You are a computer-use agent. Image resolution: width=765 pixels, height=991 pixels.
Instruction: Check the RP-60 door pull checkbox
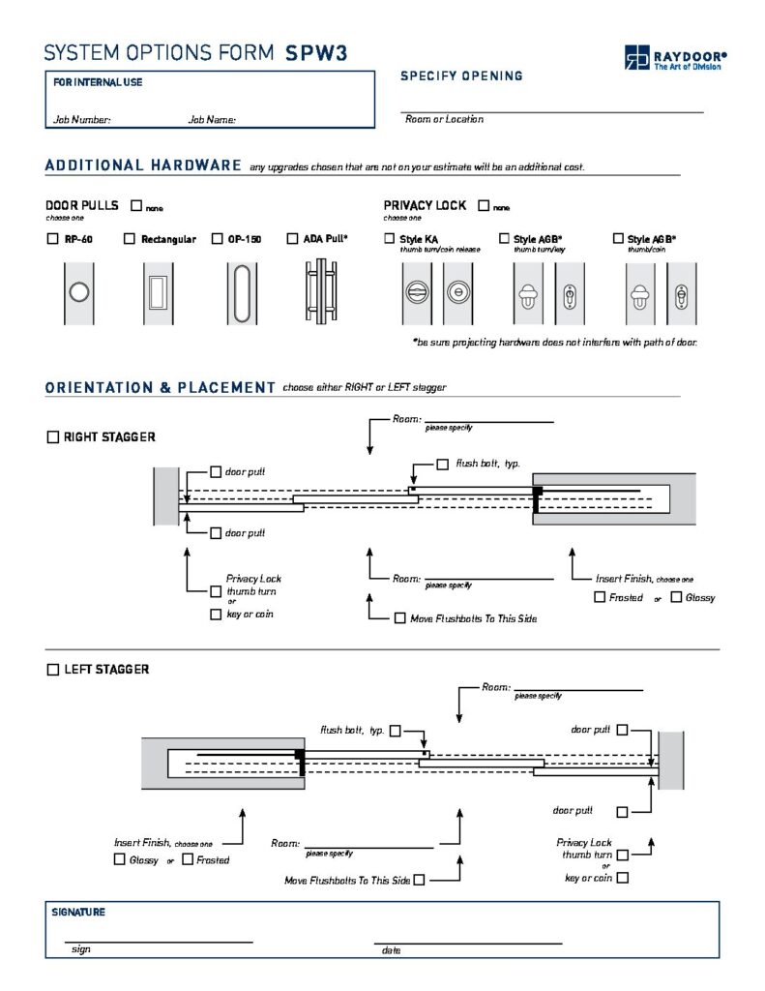pyautogui.click(x=52, y=239)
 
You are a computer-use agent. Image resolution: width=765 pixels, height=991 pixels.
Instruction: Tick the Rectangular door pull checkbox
pyautogui.click(x=130, y=239)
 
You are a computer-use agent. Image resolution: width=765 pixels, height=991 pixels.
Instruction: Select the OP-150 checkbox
pyautogui.click(x=218, y=239)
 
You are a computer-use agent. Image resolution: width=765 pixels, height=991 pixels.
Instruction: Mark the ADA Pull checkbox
pyautogui.click(x=292, y=239)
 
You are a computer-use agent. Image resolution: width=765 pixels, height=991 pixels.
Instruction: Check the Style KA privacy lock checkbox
pyautogui.click(x=390, y=238)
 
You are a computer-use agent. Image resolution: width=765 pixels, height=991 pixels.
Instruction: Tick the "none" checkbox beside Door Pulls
pyautogui.click(x=136, y=205)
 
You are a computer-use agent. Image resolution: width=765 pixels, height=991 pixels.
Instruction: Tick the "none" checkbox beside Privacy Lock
pyautogui.click(x=484, y=205)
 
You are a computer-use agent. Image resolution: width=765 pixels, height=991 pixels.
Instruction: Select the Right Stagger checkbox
pyautogui.click(x=53, y=437)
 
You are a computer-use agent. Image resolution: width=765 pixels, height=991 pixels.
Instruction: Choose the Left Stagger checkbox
pyautogui.click(x=53, y=670)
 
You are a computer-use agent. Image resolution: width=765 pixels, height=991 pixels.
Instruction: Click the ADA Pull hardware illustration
pyautogui.click(x=321, y=291)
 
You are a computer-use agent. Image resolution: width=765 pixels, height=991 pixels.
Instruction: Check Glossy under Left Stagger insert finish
pyautogui.click(x=119, y=859)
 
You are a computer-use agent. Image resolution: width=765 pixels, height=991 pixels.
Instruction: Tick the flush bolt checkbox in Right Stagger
pyautogui.click(x=443, y=465)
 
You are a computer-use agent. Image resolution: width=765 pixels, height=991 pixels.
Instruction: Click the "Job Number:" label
pyautogui.click(x=82, y=119)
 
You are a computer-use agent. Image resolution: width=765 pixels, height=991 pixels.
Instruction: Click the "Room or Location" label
pyautogui.click(x=445, y=119)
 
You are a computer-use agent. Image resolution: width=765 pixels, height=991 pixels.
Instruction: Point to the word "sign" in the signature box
pyautogui.click(x=81, y=949)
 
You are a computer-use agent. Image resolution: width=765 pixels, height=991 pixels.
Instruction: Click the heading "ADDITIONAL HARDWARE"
pyautogui.click(x=143, y=165)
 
